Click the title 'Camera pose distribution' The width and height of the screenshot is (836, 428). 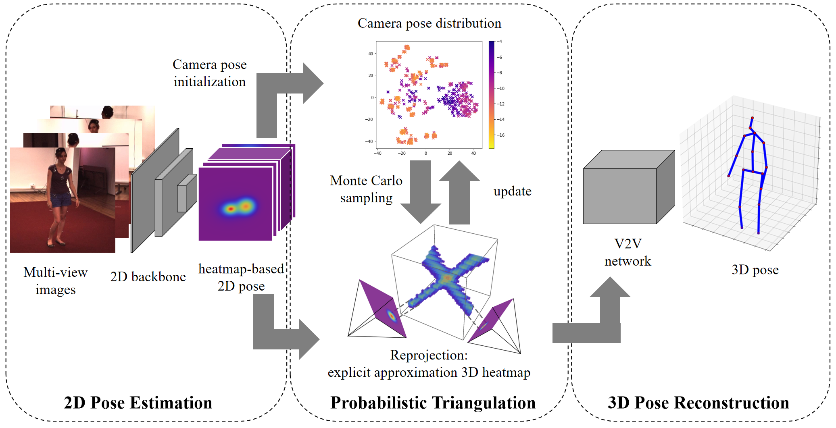tap(429, 23)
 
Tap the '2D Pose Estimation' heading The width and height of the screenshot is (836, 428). tap(138, 403)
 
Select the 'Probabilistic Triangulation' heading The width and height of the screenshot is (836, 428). tap(433, 403)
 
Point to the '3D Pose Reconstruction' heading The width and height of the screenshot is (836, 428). tap(698, 403)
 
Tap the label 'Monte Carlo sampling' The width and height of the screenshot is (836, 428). tap(366, 189)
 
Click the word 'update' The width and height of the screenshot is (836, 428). tap(512, 191)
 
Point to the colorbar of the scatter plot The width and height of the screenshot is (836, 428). tap(491, 95)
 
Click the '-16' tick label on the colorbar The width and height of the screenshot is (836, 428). tap(501, 135)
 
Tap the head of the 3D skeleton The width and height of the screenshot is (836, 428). tap(752, 118)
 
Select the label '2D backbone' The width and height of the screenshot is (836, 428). tap(148, 277)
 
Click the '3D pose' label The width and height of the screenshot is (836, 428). tap(755, 270)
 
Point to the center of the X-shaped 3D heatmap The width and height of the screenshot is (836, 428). tap(446, 278)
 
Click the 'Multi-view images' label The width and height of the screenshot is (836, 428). tap(56, 281)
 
